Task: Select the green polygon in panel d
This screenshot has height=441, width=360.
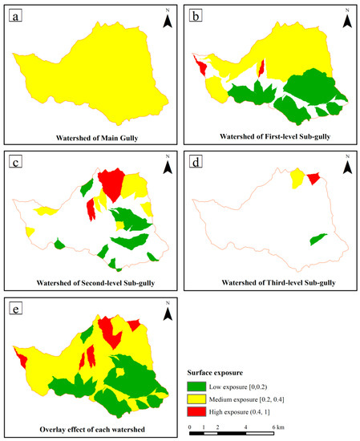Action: tap(318, 239)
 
